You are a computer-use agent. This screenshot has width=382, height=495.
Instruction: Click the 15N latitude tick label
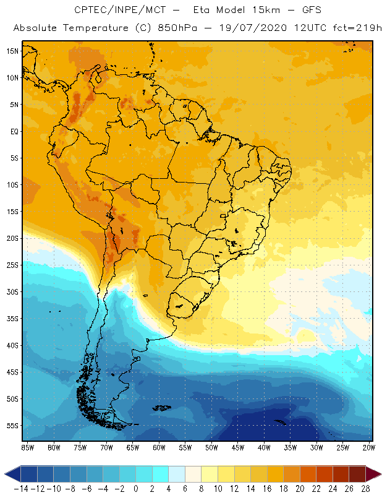coord(12,51)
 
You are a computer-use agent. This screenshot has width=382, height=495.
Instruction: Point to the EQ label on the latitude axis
coord(13,131)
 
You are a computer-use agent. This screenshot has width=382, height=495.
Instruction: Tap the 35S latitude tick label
coord(12,319)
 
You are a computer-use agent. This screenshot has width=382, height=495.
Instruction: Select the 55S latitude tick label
coord(12,426)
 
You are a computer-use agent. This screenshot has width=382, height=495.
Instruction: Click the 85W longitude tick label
coord(27,447)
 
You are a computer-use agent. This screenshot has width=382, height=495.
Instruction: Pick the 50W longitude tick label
coord(212,447)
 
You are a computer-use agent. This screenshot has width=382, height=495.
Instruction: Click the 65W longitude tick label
coord(133,447)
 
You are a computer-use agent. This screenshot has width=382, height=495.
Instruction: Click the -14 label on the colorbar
coord(20,488)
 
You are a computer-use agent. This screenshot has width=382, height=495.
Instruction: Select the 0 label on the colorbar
coord(135,488)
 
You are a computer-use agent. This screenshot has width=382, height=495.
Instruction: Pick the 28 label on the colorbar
coord(365,488)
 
